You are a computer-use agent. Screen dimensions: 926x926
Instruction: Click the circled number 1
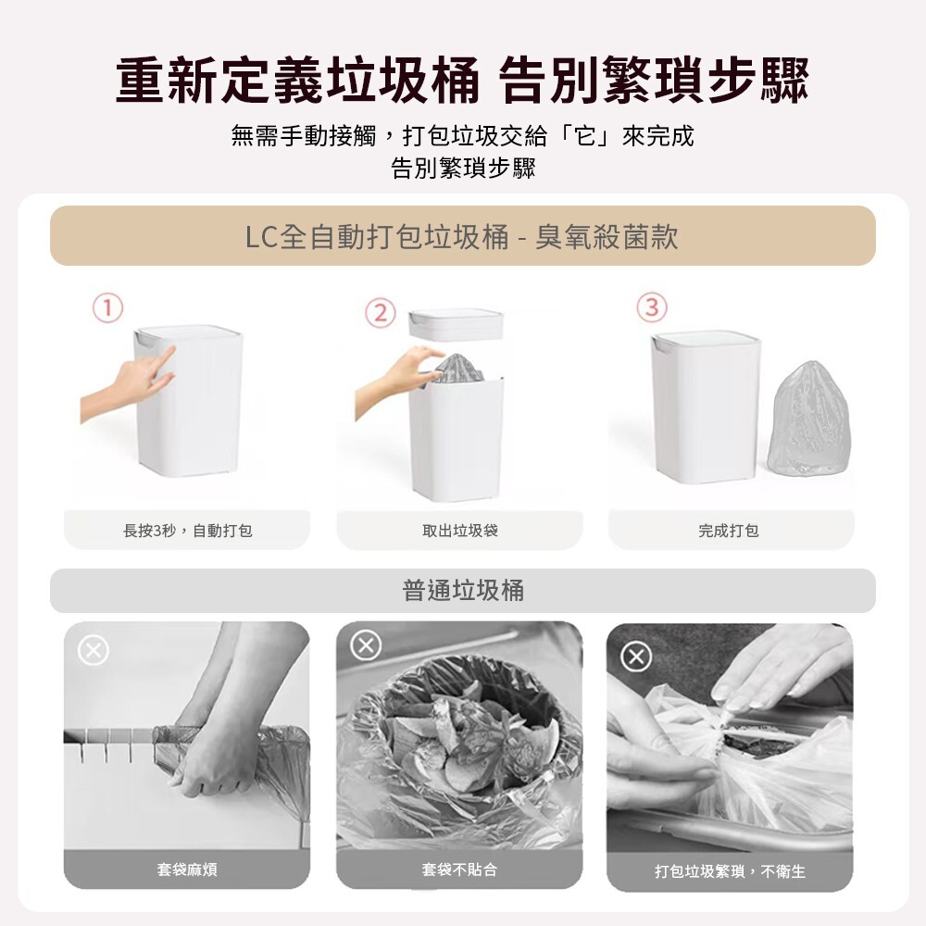coord(107,307)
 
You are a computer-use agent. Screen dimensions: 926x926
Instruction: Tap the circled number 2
coord(381,313)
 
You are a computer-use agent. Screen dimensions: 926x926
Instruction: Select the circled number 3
coord(651,307)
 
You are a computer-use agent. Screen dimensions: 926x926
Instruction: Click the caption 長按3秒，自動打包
coord(187,531)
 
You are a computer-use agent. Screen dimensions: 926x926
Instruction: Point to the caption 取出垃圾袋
coord(460,531)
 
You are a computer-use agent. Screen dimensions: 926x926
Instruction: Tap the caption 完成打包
coord(729,531)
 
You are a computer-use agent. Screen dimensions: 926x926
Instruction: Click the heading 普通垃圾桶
coord(463,590)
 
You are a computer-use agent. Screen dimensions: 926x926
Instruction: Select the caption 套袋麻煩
coord(187,870)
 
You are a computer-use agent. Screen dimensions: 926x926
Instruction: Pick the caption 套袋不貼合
coord(459,870)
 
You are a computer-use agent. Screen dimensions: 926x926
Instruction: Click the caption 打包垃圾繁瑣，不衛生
coord(730,871)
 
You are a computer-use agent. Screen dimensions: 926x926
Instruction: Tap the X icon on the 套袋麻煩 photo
coord(94,651)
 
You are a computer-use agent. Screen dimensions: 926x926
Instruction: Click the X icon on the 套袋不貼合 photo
coord(366,644)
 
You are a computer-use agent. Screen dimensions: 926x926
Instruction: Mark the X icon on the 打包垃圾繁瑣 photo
coord(636,657)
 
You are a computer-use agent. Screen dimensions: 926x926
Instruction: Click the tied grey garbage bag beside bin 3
coord(808,419)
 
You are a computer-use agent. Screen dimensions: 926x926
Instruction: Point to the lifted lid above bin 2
coord(456,324)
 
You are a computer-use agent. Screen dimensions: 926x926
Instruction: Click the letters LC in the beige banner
coord(261,237)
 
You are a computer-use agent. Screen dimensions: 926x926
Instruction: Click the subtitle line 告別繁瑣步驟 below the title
coord(463,169)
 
